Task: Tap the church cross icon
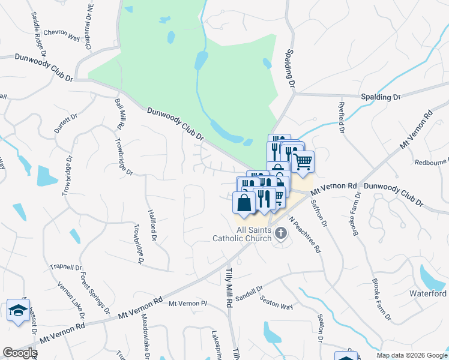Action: (280, 233)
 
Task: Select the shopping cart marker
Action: (303, 161)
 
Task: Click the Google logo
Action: (20, 353)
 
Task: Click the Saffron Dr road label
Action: (319, 212)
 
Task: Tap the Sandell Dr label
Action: (249, 293)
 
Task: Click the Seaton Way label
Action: (277, 304)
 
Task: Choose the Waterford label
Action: (429, 293)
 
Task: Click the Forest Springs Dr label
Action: (95, 294)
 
